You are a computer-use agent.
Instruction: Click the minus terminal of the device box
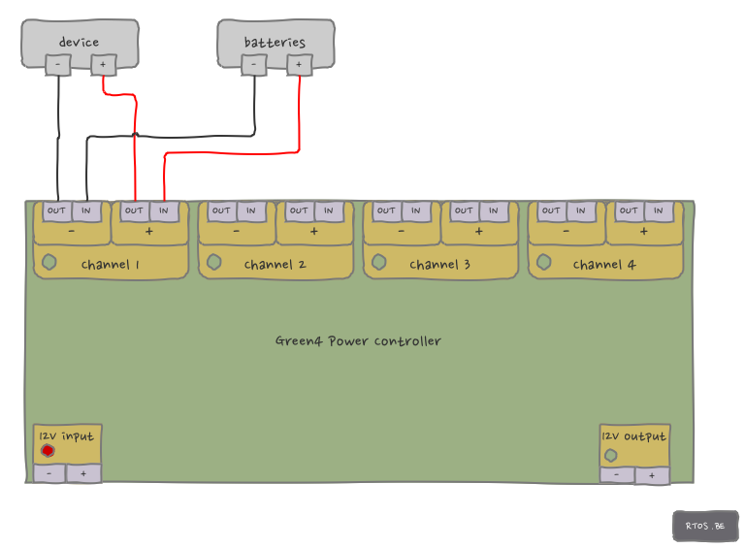pyautogui.click(x=58, y=65)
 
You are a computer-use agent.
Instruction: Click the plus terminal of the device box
pyautogui.click(x=103, y=65)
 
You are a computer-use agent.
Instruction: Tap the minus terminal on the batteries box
pyautogui.click(x=254, y=65)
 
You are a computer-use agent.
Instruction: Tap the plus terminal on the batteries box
pyautogui.click(x=300, y=65)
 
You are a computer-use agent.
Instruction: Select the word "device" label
pyautogui.click(x=79, y=42)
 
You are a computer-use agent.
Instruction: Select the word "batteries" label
pyautogui.click(x=275, y=42)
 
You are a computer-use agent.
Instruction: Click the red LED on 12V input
pyautogui.click(x=48, y=450)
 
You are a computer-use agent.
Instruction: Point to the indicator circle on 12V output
pyautogui.click(x=610, y=456)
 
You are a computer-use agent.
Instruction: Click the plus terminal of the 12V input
pyautogui.click(x=83, y=473)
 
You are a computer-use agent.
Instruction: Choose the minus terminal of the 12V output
pyautogui.click(x=617, y=475)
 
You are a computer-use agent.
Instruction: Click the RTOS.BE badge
pyautogui.click(x=705, y=526)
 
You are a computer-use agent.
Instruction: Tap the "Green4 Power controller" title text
pyautogui.click(x=358, y=341)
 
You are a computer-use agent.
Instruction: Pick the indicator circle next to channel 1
pyautogui.click(x=49, y=262)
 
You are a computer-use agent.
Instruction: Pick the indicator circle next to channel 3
pyautogui.click(x=379, y=262)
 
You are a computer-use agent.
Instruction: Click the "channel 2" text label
pyautogui.click(x=275, y=264)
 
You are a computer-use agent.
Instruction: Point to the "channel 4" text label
pyautogui.click(x=604, y=264)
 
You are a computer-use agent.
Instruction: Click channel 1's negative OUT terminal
pyautogui.click(x=56, y=210)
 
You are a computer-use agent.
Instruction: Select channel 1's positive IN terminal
pyautogui.click(x=164, y=210)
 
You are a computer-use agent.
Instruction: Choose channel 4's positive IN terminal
pyautogui.click(x=659, y=210)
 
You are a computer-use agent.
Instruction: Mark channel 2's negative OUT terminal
pyautogui.click(x=221, y=210)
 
